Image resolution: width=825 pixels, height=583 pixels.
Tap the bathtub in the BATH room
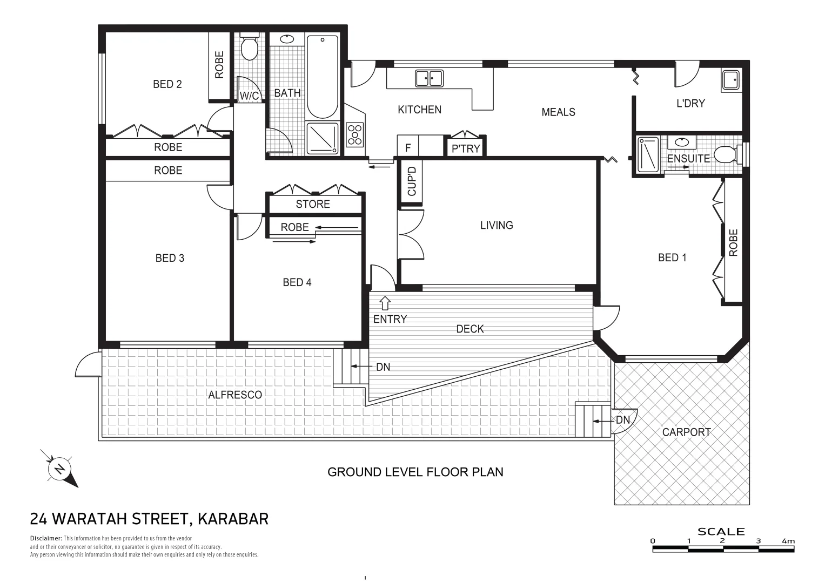click(323, 76)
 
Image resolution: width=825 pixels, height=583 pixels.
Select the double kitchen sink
click(429, 78)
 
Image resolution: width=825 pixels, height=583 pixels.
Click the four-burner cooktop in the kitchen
click(355, 134)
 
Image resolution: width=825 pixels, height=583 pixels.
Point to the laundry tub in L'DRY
click(730, 80)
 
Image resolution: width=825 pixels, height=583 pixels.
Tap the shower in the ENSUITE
click(648, 154)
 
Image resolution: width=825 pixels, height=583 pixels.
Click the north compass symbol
click(59, 468)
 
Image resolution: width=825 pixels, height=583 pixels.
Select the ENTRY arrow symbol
click(385, 303)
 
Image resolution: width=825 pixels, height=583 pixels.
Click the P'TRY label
click(466, 148)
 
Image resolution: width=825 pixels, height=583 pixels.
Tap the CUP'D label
click(412, 181)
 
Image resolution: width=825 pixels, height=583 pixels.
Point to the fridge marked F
click(408, 147)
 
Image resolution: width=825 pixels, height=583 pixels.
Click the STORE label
click(313, 204)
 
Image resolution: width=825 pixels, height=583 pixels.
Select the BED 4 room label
click(297, 282)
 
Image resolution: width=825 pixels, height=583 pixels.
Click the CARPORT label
click(686, 432)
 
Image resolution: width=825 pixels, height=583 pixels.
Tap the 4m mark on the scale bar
click(788, 541)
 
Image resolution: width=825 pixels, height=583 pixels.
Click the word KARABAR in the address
click(233, 519)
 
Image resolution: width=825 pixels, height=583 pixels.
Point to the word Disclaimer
click(46, 538)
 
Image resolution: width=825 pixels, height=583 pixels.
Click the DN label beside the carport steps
click(623, 419)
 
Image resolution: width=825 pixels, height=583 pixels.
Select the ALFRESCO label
click(235, 395)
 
